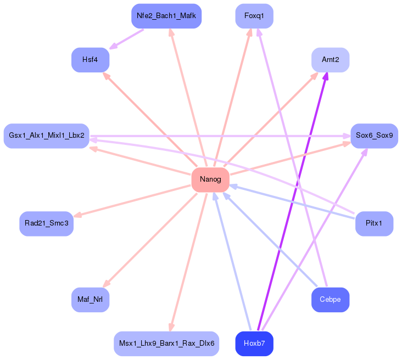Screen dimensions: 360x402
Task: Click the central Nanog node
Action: [210, 180]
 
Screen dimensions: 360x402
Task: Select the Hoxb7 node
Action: [254, 344]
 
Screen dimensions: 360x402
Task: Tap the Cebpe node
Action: [330, 300]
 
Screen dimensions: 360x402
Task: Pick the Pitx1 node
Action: [374, 224]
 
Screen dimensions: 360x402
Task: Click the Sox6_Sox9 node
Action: [374, 136]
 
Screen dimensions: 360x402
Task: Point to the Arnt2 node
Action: [330, 60]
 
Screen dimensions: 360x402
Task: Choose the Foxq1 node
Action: [254, 16]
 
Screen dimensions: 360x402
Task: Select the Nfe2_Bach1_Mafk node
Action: [166, 16]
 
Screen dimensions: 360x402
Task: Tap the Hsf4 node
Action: [91, 60]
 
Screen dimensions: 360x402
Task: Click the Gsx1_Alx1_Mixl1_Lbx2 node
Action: [47, 136]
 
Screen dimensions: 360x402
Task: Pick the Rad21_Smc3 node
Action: [47, 224]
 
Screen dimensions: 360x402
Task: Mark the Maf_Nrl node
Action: [91, 300]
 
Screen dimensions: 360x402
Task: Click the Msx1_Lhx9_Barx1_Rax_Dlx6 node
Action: [166, 344]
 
